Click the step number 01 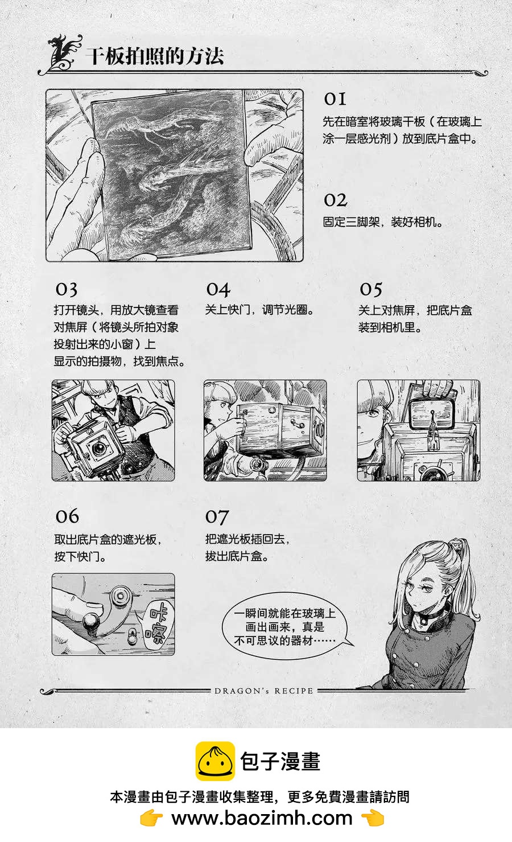pyautogui.click(x=335, y=99)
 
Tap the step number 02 pyautogui.click(x=336, y=200)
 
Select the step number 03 pyautogui.click(x=67, y=289)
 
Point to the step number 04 pyautogui.click(x=218, y=289)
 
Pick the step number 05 pyautogui.click(x=371, y=289)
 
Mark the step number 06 pyautogui.click(x=67, y=516)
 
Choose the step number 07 pyautogui.click(x=217, y=517)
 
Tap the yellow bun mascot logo pyautogui.click(x=215, y=761)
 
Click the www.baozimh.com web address pyautogui.click(x=262, y=818)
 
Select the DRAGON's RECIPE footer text pyautogui.click(x=264, y=691)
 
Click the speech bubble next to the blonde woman pyautogui.click(x=285, y=626)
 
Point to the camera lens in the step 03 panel pyautogui.click(x=99, y=447)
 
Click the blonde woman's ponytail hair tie pyautogui.click(x=456, y=545)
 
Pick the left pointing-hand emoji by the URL pyautogui.click(x=151, y=818)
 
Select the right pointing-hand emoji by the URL pyautogui.click(x=373, y=818)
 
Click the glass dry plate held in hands pyautogui.click(x=171, y=175)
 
